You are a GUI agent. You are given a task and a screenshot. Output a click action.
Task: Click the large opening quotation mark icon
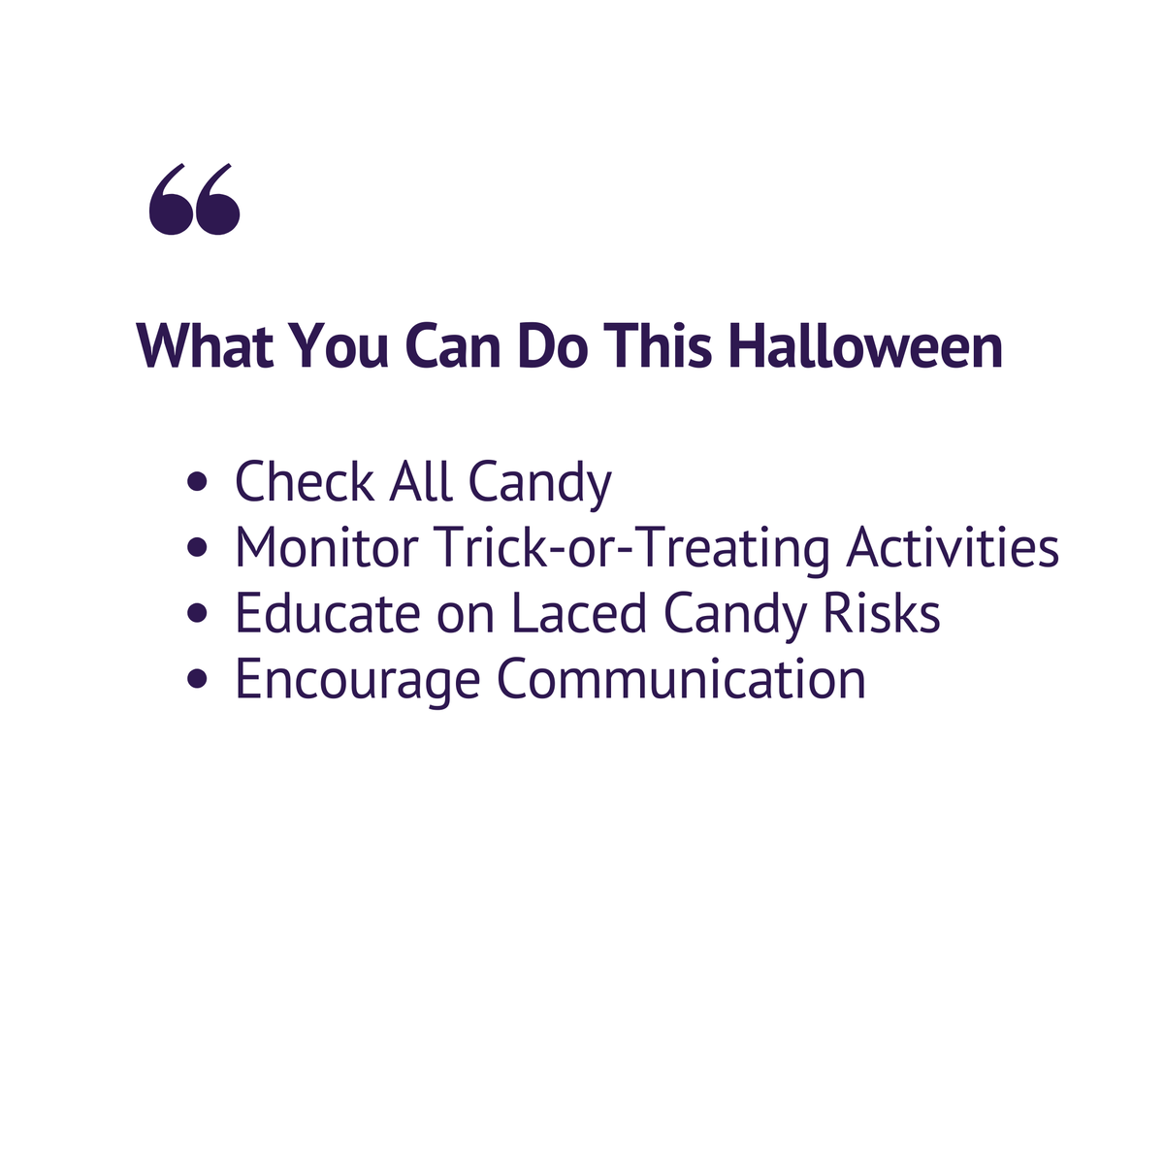[194, 200]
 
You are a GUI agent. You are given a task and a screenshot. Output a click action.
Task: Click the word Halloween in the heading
[865, 346]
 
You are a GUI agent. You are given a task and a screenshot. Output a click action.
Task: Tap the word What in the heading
[204, 346]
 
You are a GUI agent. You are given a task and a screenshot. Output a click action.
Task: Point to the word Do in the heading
[553, 346]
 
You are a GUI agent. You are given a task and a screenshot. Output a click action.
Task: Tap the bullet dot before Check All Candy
[199, 483]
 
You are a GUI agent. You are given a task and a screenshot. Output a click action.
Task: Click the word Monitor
[326, 548]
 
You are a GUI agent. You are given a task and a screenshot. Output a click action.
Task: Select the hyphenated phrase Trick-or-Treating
[632, 548]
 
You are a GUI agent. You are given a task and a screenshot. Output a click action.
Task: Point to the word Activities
[953, 548]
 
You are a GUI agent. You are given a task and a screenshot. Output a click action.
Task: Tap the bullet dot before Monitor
[199, 549]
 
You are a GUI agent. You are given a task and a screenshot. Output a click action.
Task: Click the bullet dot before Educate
[199, 615]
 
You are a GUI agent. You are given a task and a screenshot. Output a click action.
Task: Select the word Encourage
[357, 680]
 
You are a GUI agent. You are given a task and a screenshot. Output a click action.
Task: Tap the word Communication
[681, 680]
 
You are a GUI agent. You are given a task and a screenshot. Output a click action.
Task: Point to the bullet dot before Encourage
[199, 681]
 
